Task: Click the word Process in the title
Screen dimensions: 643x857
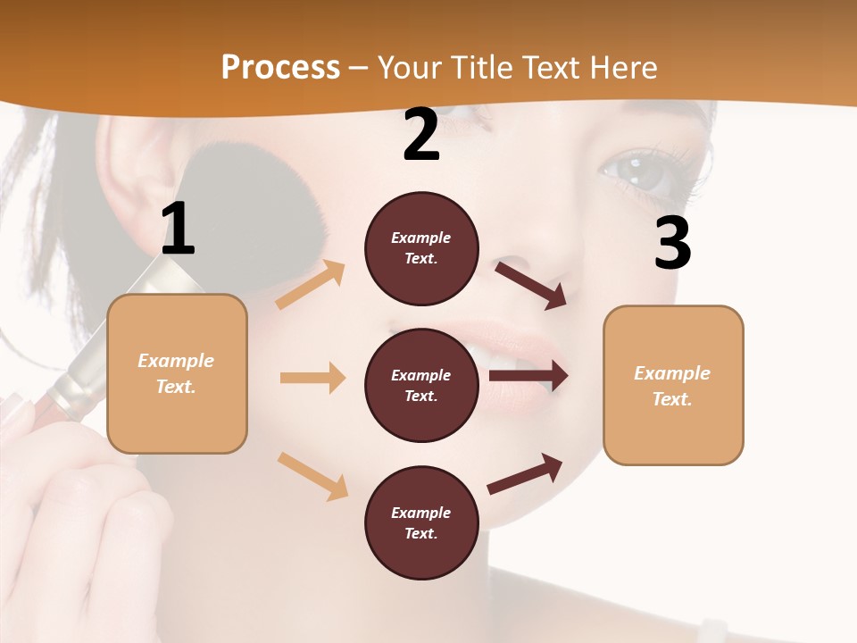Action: pos(280,68)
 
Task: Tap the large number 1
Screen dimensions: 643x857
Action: pos(178,230)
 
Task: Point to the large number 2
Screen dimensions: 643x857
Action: pos(421,136)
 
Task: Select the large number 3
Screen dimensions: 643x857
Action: pos(672,244)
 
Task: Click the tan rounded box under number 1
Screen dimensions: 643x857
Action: pos(177,373)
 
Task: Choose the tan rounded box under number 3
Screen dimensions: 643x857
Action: pos(673,386)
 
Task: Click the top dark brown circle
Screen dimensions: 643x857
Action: pos(421,248)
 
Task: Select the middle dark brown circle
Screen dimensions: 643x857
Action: pos(421,385)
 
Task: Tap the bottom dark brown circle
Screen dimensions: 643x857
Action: pos(421,522)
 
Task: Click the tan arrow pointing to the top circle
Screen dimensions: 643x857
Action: pos(311,285)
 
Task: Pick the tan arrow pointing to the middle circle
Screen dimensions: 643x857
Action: pos(312,378)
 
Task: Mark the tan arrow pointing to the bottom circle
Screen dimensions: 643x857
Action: pos(312,476)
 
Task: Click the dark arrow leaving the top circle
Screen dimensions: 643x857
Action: pos(531,285)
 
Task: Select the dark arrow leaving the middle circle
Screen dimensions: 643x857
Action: pos(528,376)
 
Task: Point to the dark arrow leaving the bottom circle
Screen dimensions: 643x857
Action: pos(525,473)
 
